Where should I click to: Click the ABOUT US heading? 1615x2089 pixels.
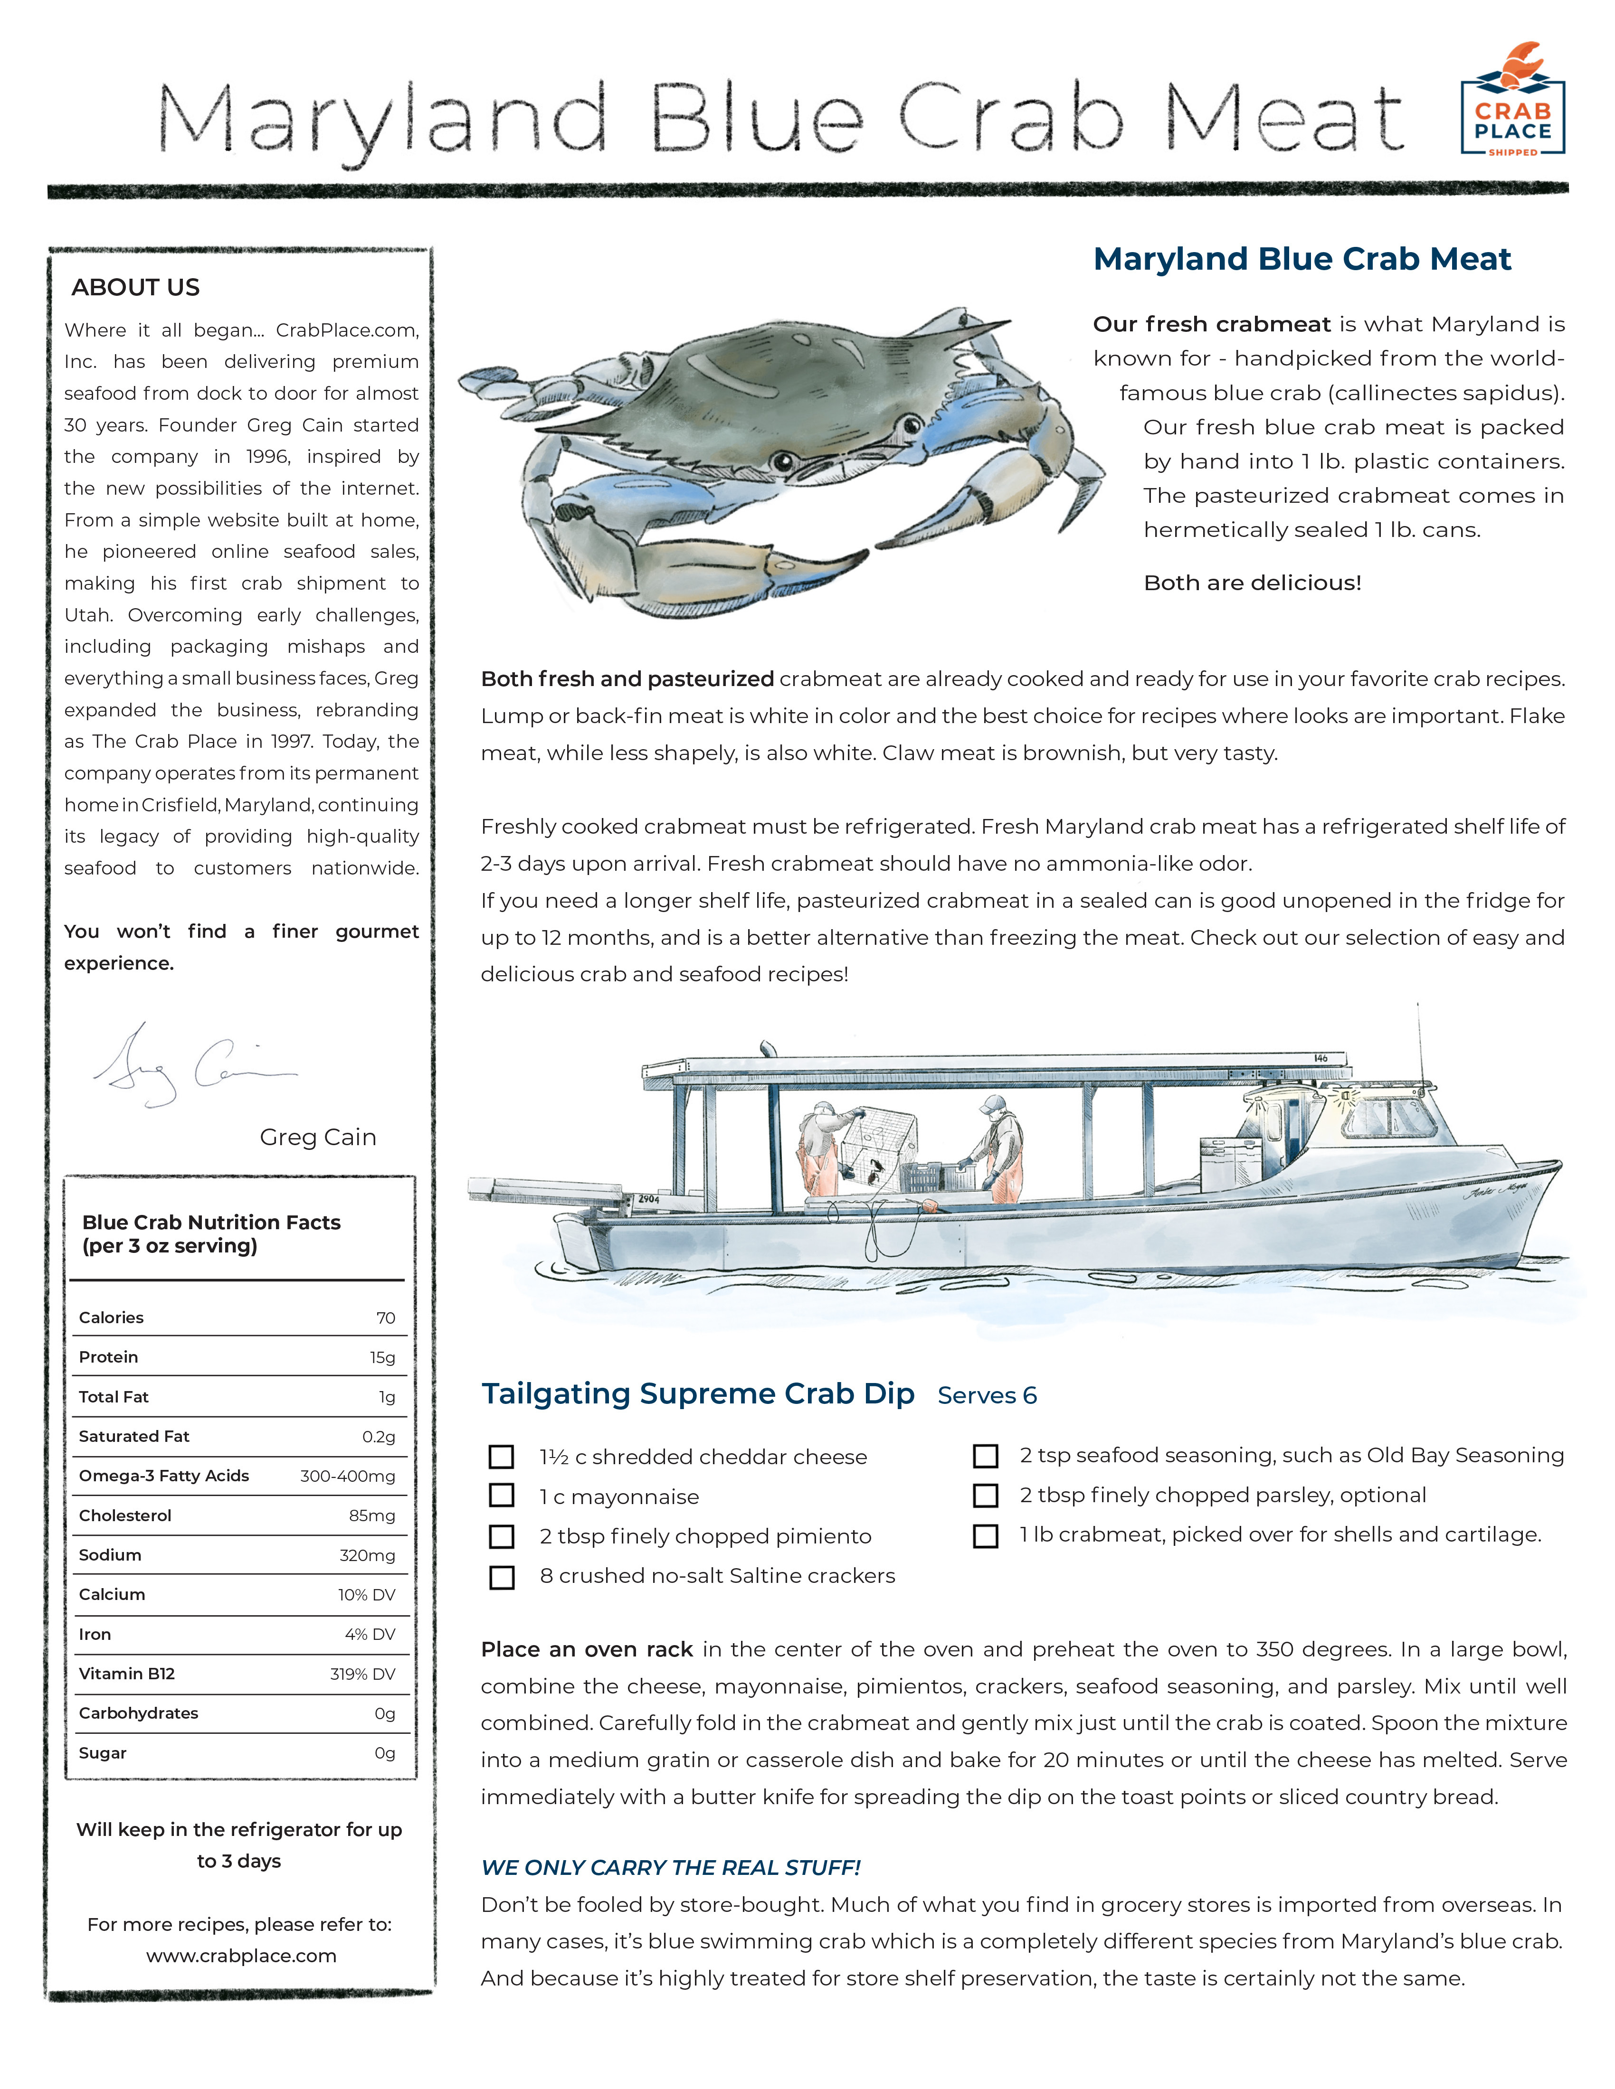click(x=135, y=287)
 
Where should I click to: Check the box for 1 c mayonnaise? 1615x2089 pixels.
click(x=501, y=1495)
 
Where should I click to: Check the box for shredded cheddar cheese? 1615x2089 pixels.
click(x=501, y=1456)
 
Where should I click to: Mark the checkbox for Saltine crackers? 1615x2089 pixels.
click(x=501, y=1576)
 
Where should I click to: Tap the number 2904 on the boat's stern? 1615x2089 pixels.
click(x=649, y=1198)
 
